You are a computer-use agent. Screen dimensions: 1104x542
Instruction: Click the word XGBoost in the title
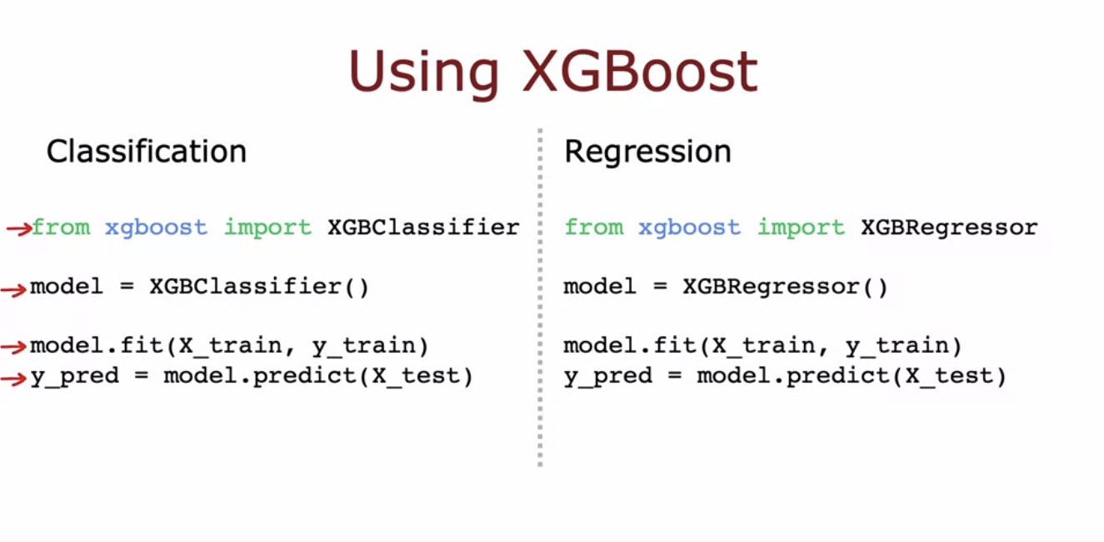pyautogui.click(x=640, y=72)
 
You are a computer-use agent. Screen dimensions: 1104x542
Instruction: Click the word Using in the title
pyautogui.click(x=423, y=73)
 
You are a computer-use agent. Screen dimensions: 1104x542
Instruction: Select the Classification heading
pyautogui.click(x=147, y=152)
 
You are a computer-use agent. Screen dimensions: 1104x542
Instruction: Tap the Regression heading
pyautogui.click(x=647, y=152)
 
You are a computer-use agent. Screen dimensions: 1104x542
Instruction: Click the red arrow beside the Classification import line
pyautogui.click(x=17, y=228)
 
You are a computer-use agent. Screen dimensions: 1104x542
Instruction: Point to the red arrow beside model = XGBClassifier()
pyautogui.click(x=14, y=289)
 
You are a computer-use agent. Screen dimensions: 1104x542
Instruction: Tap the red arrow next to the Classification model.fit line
pyautogui.click(x=14, y=348)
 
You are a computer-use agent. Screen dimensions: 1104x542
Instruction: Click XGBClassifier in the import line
pyautogui.click(x=423, y=227)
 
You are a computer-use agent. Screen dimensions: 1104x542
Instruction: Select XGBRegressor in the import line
pyautogui.click(x=949, y=227)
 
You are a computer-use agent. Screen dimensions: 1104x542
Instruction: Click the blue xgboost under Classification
pyautogui.click(x=156, y=228)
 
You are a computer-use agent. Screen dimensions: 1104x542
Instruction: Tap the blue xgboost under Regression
pyautogui.click(x=689, y=228)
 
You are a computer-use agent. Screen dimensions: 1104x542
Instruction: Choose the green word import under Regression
pyautogui.click(x=801, y=227)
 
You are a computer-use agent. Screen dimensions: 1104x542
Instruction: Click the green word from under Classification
pyautogui.click(x=61, y=227)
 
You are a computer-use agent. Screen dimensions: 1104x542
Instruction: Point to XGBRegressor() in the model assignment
pyautogui.click(x=786, y=287)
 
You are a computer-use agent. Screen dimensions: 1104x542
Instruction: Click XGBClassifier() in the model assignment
pyautogui.click(x=260, y=287)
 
